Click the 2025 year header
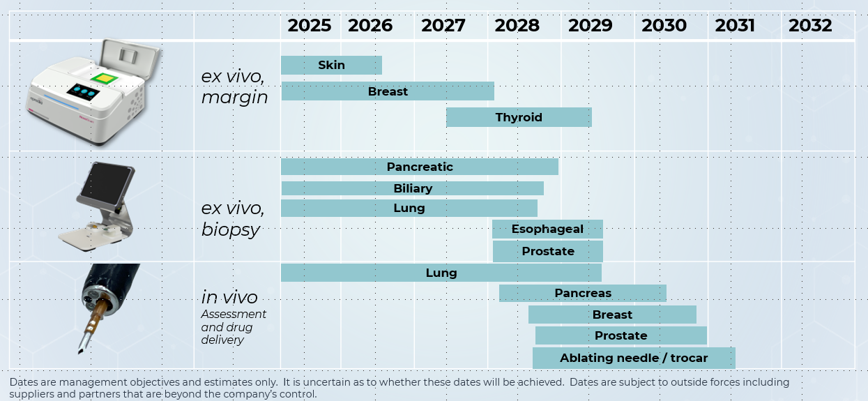click(309, 26)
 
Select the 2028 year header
click(517, 26)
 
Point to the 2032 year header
click(810, 26)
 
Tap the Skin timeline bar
click(331, 66)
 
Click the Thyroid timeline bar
click(519, 117)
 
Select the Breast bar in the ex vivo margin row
click(388, 91)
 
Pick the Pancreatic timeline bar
click(419, 167)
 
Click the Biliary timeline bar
click(412, 188)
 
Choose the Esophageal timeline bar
click(547, 229)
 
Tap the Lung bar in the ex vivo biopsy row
click(409, 209)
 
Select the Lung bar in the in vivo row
click(441, 273)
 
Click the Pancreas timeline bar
click(582, 294)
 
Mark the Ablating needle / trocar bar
click(633, 358)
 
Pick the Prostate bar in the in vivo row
click(620, 336)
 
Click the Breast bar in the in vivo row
click(612, 315)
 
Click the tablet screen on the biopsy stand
click(100, 186)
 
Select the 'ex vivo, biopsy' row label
click(233, 219)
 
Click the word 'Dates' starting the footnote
click(24, 382)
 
